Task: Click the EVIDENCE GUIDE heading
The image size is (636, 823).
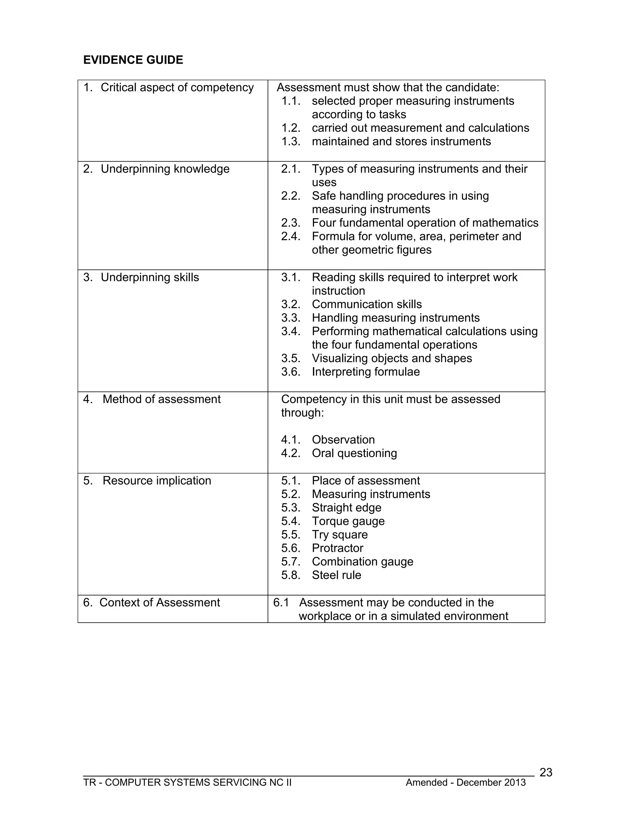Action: pyautogui.click(x=133, y=60)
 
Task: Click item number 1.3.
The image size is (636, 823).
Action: pyautogui.click(x=291, y=142)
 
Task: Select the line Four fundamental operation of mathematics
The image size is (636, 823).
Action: pyautogui.click(x=425, y=223)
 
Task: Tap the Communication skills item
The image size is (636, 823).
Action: pyautogui.click(x=367, y=304)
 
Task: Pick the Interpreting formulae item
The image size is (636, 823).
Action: pyautogui.click(x=366, y=372)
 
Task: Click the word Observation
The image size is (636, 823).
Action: pyautogui.click(x=343, y=440)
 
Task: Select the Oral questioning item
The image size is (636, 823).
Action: pyautogui.click(x=354, y=453)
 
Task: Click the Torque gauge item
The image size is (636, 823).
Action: pyautogui.click(x=348, y=521)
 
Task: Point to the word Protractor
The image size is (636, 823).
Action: pyautogui.click(x=338, y=548)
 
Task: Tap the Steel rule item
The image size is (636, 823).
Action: pyautogui.click(x=336, y=575)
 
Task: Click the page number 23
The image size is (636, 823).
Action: pyautogui.click(x=546, y=772)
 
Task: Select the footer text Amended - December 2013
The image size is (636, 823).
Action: pyautogui.click(x=465, y=783)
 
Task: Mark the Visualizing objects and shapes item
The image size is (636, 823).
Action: pyautogui.click(x=392, y=358)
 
